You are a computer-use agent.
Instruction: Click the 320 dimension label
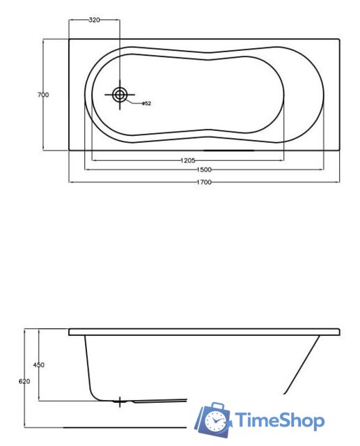[95, 20]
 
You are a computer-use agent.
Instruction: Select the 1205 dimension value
[187, 160]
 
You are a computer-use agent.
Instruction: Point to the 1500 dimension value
[203, 170]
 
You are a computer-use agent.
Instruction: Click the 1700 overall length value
[204, 182]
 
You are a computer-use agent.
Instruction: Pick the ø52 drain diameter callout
[146, 104]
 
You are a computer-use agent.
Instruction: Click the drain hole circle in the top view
[120, 94]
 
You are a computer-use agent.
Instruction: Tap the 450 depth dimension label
[39, 365]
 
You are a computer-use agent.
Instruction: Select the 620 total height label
[24, 381]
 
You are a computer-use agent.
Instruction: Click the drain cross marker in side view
[120, 402]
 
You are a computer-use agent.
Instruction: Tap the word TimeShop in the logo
[279, 420]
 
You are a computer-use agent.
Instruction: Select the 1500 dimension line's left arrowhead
[86, 170]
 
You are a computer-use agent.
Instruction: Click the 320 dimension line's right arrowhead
[119, 20]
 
